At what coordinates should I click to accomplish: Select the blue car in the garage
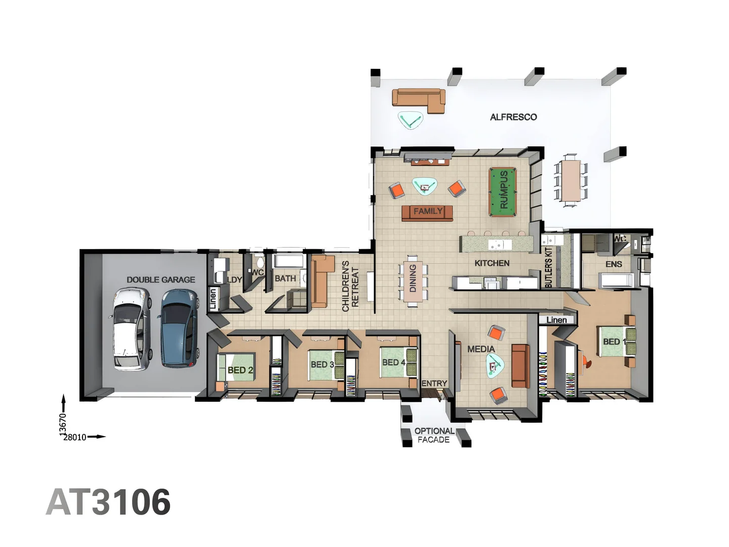tap(179, 328)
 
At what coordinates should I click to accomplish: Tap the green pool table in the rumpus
tap(503, 192)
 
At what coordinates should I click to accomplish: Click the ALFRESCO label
tap(513, 117)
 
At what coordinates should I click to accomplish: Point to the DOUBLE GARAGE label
tap(160, 280)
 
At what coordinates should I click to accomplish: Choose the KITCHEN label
tap(492, 263)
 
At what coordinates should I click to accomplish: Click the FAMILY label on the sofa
tap(428, 212)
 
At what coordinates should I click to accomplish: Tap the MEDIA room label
tap(481, 349)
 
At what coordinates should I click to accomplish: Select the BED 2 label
tap(240, 370)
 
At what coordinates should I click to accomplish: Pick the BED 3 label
tap(322, 365)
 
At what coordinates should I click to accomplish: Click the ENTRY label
tap(434, 383)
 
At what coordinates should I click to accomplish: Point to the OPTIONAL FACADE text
tap(434, 436)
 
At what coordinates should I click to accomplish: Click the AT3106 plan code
tap(108, 502)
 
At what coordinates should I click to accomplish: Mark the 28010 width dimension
tap(75, 437)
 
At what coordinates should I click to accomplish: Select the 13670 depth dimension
tap(63, 424)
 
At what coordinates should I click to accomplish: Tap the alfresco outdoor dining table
tap(571, 180)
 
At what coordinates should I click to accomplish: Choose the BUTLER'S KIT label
tap(549, 267)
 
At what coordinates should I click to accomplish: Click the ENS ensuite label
tap(614, 264)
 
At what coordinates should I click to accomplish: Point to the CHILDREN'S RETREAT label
tap(350, 286)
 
